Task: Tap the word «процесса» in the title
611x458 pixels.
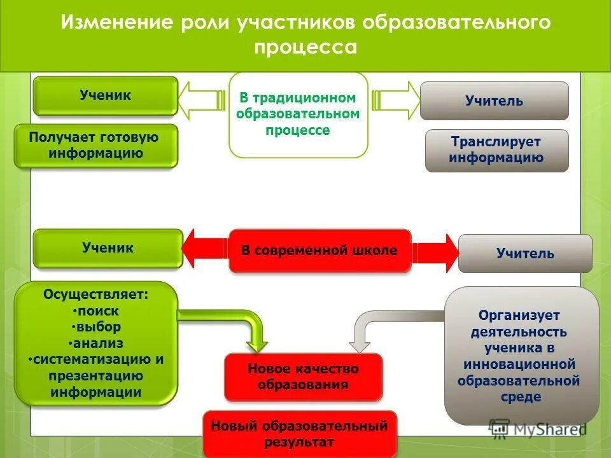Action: pos(305,48)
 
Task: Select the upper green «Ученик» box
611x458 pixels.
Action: pos(105,95)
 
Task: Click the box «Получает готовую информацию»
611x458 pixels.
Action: pos(95,146)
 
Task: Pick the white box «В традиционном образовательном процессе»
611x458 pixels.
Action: pos(298,114)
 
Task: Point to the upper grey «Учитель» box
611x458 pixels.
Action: pos(494,101)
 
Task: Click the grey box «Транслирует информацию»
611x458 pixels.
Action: pos(496,150)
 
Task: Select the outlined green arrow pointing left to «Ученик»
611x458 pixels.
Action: pos(200,99)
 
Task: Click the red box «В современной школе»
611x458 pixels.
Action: pos(320,251)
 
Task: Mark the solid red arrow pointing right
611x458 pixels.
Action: pos(435,253)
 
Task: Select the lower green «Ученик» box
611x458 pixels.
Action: pos(108,248)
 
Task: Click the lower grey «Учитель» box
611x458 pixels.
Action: pos(525,254)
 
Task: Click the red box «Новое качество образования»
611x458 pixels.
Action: pos(303,377)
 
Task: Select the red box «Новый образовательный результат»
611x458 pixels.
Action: pos(299,434)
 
